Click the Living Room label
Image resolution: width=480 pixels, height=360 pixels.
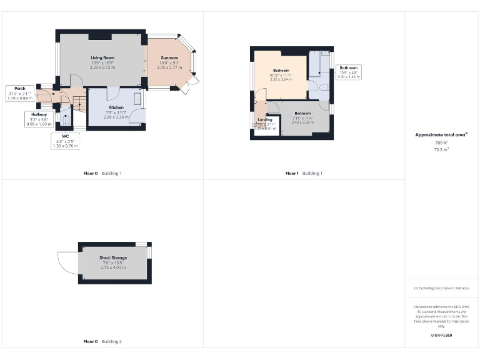pos(102,57)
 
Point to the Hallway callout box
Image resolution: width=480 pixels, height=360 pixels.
pos(38,119)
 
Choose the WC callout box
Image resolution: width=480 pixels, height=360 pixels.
pos(64,141)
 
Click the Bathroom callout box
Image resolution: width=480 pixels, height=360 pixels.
pos(348,72)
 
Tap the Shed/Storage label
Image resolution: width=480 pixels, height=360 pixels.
pos(112,257)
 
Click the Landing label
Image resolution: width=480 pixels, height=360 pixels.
pos(265,119)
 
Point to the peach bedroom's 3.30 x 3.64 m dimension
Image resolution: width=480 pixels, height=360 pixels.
pos(281,79)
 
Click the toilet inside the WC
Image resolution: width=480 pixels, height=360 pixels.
pos(65,117)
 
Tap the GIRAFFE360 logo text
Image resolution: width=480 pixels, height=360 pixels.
pos(441,336)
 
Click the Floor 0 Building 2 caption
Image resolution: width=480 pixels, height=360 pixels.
pos(102,342)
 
